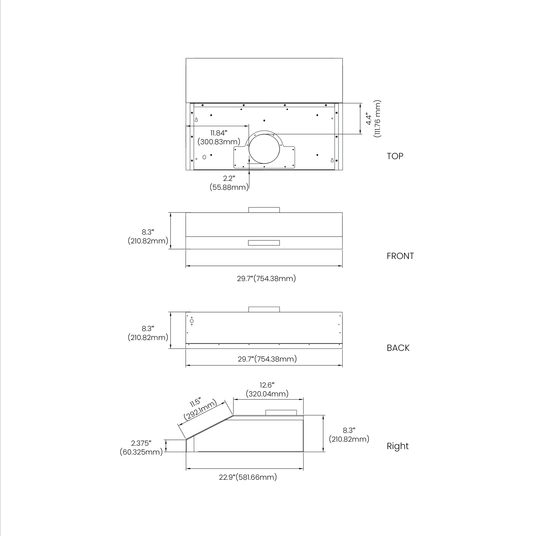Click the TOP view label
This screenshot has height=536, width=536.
click(x=395, y=156)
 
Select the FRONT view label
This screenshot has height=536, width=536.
click(x=400, y=256)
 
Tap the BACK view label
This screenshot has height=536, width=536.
click(x=398, y=348)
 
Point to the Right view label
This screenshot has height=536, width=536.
click(x=397, y=446)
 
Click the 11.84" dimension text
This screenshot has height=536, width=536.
click(x=219, y=133)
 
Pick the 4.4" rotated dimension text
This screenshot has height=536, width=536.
click(x=369, y=119)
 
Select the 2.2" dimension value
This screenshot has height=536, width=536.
click(x=229, y=178)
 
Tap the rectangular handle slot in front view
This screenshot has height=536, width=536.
click(x=264, y=243)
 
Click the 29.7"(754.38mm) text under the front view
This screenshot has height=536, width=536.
click(x=266, y=278)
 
